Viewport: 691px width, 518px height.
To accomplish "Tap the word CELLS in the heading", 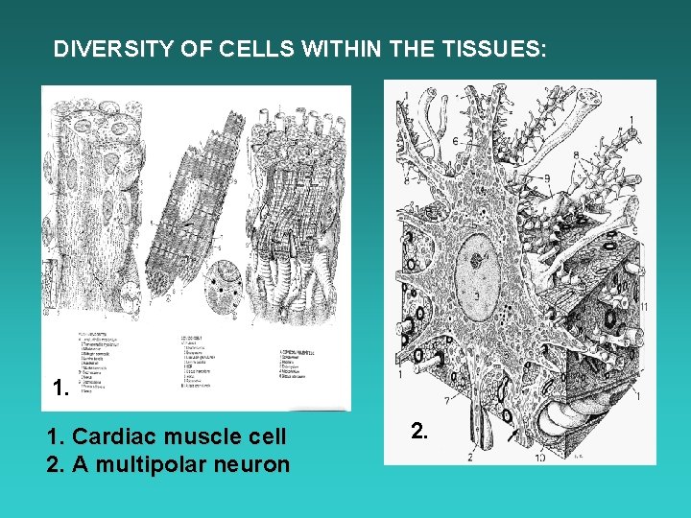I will (231, 49).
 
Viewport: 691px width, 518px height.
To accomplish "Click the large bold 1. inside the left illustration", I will (60, 388).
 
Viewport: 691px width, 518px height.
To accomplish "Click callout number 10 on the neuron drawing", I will (540, 457).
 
